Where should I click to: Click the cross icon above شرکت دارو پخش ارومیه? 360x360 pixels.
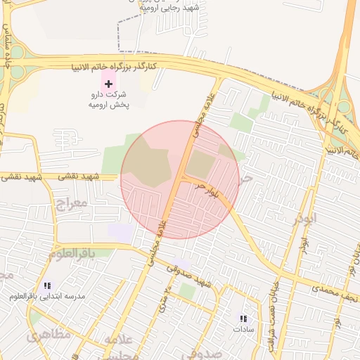(108, 84)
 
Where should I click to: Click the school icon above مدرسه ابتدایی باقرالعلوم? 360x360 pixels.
(48, 285)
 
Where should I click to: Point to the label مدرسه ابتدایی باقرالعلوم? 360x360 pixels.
(47, 297)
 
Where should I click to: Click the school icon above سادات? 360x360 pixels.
(243, 319)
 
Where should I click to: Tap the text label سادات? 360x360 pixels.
(243, 329)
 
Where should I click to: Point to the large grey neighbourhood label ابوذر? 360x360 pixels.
(306, 219)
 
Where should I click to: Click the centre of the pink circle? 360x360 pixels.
(180, 179)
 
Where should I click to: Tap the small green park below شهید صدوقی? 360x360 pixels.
(187, 290)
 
